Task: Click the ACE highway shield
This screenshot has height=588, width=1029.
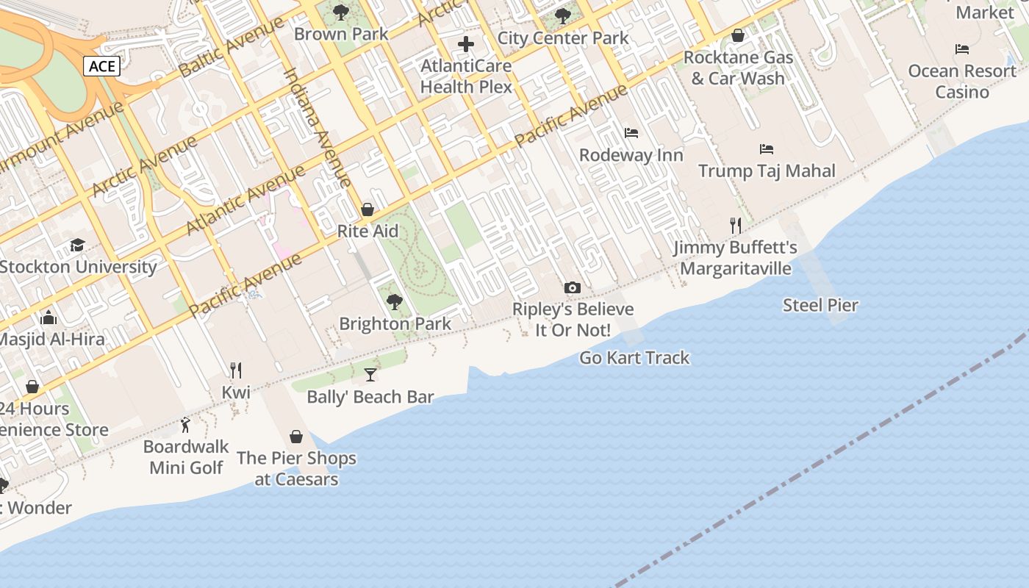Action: pyautogui.click(x=102, y=67)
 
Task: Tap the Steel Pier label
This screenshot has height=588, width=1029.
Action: pyautogui.click(x=820, y=305)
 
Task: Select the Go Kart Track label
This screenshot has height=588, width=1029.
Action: pyautogui.click(x=634, y=358)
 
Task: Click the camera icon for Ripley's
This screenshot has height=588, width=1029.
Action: pyautogui.click(x=572, y=288)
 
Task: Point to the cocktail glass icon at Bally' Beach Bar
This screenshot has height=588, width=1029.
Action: pyautogui.click(x=370, y=375)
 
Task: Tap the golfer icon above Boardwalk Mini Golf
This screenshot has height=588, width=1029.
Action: pyautogui.click(x=185, y=425)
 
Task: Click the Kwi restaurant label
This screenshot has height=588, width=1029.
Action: pyautogui.click(x=236, y=392)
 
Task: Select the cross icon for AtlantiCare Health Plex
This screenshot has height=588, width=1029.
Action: pyautogui.click(x=466, y=45)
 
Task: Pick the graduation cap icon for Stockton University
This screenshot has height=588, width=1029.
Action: pyautogui.click(x=77, y=245)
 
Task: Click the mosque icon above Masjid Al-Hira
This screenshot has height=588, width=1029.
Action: pyautogui.click(x=49, y=318)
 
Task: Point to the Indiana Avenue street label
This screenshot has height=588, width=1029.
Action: pyautogui.click(x=318, y=126)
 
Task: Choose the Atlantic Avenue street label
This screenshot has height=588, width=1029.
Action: pyautogui.click(x=245, y=200)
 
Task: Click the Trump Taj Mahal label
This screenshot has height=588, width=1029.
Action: pyautogui.click(x=767, y=171)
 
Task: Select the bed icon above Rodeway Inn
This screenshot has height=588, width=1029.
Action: pyautogui.click(x=631, y=133)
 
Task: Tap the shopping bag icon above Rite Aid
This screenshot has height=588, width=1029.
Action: pyautogui.click(x=367, y=209)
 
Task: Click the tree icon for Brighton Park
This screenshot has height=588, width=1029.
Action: pyautogui.click(x=395, y=301)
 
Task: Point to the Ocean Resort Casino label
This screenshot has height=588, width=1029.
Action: pyautogui.click(x=962, y=81)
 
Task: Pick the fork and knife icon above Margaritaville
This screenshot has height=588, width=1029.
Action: pyautogui.click(x=735, y=225)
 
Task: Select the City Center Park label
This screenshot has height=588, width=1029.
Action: pyautogui.click(x=563, y=38)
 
